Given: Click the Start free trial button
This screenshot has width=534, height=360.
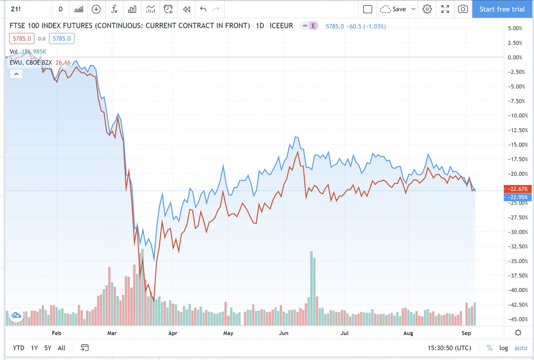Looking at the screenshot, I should coord(502,9).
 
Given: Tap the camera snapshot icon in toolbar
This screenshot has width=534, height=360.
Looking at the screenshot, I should coord(463,9).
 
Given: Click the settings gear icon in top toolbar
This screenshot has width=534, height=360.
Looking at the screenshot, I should coord(427,9).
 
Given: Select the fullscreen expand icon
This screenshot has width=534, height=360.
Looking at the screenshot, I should coord(445,9).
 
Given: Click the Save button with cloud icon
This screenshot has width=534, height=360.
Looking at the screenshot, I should coord(394,9).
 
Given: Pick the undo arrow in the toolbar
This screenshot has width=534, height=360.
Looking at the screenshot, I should coord(203,9).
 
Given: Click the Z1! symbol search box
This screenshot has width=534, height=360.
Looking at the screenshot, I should coord(16,9).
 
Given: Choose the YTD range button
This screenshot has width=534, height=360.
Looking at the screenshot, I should coord(18,348).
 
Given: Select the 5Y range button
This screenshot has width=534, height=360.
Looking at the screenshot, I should coord(48,348).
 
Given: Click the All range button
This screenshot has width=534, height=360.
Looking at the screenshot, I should coord(62,348).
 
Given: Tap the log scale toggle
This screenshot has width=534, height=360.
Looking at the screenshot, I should coord(503,348).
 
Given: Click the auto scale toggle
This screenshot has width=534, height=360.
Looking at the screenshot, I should coord(521,348).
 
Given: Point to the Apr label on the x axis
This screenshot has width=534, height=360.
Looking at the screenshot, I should coord(173,333).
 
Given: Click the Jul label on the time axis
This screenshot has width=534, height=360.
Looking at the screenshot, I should coord(345,333).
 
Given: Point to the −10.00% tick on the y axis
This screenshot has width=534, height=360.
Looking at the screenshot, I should coord(518,115).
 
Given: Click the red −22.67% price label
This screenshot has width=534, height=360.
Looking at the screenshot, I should coord(518,189).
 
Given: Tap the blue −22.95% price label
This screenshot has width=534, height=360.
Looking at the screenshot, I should coord(518,197).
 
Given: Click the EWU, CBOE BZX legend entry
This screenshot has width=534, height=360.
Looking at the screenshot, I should coord(31,63).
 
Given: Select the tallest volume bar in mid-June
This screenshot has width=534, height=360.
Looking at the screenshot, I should coord(311,289).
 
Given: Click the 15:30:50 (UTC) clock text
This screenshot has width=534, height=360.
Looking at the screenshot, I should coord(449,348).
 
